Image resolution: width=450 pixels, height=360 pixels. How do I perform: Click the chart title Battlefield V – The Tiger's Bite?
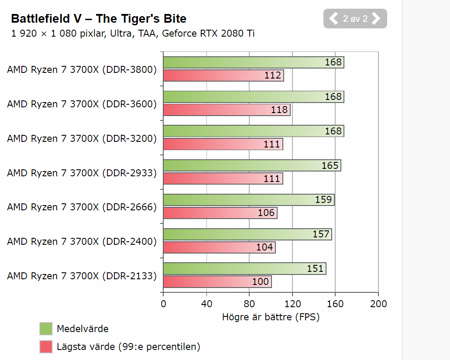coord(99,19)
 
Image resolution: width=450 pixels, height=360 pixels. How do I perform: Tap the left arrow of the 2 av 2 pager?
coord(333,18)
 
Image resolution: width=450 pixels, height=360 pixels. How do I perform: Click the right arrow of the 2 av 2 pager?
coord(376,18)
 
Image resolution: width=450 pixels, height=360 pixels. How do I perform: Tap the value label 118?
coord(279,110)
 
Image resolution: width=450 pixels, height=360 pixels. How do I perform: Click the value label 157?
coord(321,234)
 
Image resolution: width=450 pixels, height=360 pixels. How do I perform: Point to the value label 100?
coord(261,282)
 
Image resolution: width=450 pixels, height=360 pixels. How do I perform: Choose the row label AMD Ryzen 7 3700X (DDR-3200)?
coord(82,139)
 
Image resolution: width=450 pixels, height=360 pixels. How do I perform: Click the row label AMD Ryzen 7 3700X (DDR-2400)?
coord(82,242)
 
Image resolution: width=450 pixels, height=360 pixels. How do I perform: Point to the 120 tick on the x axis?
coord(292,304)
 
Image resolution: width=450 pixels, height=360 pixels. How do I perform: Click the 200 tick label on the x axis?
coord(378,304)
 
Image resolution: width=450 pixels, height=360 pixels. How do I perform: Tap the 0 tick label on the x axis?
coord(163,304)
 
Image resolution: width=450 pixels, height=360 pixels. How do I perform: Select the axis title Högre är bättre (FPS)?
coord(271,317)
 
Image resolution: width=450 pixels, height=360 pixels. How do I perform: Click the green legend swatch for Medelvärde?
coord(46,329)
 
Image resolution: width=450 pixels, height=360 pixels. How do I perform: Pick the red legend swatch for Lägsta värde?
coord(46,347)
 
